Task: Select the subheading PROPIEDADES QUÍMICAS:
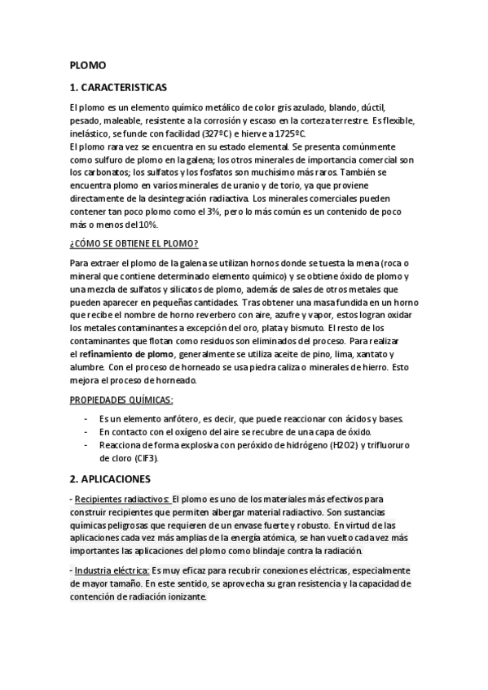click(121, 400)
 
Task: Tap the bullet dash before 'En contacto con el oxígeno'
click(86, 431)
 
